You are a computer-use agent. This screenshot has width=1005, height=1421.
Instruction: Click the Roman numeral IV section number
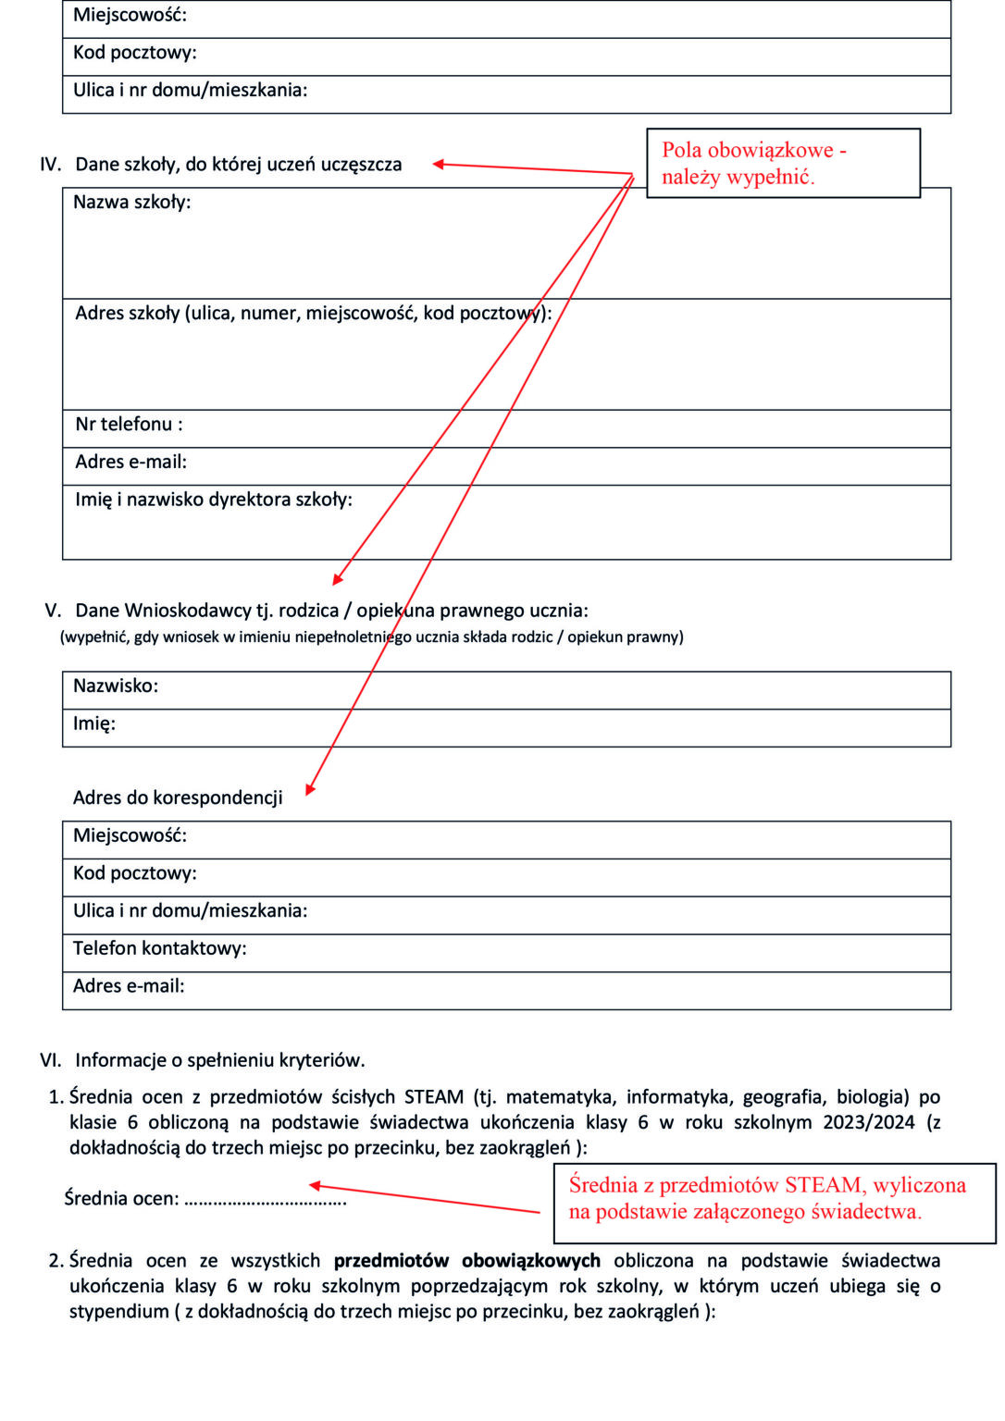(x=50, y=165)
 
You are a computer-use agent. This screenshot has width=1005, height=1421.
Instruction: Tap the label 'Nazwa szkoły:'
(x=131, y=202)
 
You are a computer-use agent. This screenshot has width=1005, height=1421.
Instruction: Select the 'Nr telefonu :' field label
(x=129, y=425)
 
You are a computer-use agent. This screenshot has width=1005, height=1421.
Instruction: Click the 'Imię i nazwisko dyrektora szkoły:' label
(x=213, y=500)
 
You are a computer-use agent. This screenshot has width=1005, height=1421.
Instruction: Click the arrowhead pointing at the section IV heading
(x=440, y=164)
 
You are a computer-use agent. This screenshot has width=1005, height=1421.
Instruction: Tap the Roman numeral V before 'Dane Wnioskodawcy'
(x=53, y=611)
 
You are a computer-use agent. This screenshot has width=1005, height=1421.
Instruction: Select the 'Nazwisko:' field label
(x=116, y=686)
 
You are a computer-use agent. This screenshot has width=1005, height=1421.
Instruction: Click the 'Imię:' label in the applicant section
(x=94, y=723)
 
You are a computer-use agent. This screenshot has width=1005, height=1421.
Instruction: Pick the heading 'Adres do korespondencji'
(x=178, y=797)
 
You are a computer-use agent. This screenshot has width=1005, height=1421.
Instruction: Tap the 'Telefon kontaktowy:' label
(x=159, y=948)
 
